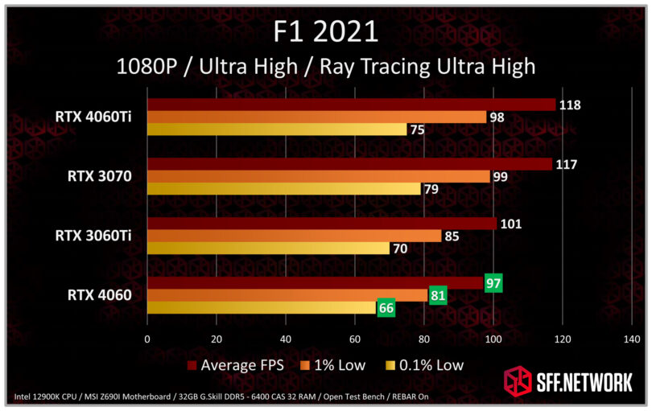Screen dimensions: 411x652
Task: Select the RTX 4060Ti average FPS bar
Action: coord(351,105)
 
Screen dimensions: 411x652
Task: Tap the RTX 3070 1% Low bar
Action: coord(318,176)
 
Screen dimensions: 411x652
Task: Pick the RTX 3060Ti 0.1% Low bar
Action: coord(268,248)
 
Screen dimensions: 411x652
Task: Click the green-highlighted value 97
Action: coord(493,282)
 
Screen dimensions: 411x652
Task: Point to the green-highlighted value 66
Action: coord(386,307)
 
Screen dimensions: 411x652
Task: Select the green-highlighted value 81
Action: coord(438,295)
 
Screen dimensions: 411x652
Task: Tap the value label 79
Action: coord(433,189)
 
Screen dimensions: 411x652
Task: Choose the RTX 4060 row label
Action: coord(100,295)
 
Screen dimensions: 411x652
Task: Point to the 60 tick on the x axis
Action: coord(354,339)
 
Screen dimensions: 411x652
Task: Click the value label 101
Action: coord(510,224)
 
